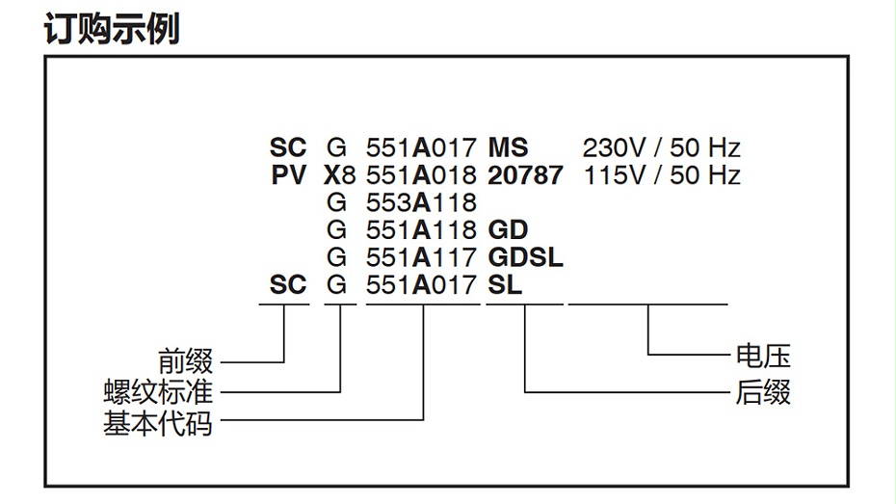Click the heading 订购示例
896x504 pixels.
point(112,29)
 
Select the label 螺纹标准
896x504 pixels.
point(159,392)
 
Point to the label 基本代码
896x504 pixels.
point(159,421)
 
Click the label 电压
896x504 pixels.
point(763,357)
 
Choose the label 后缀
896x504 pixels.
point(763,392)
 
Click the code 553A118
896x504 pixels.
point(422,203)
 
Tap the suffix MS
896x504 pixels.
point(508,148)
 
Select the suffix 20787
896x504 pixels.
point(525,175)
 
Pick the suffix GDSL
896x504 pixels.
point(525,258)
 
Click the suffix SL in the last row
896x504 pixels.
point(505,285)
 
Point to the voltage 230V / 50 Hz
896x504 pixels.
point(661,148)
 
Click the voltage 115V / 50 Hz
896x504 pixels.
point(661,175)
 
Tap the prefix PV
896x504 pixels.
point(288,175)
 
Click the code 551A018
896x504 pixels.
point(422,175)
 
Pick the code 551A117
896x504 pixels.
point(422,258)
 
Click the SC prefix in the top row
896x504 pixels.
point(288,148)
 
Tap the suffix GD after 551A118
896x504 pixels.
point(509,230)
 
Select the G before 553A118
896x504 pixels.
point(336,203)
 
